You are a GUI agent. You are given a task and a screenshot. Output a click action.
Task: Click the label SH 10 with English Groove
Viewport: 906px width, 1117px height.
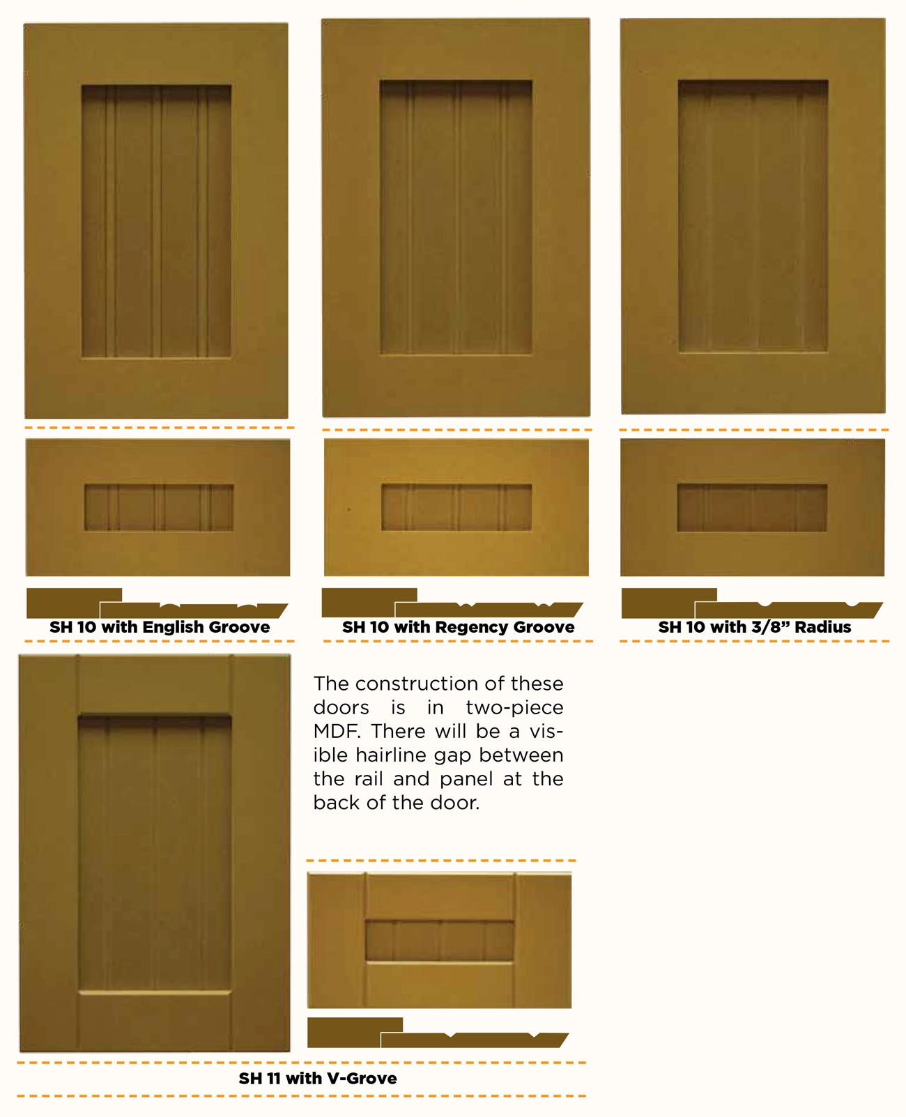160,626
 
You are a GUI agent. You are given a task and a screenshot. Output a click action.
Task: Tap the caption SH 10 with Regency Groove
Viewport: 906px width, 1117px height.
459,626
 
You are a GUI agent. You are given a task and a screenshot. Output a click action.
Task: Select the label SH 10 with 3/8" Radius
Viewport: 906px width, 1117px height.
755,626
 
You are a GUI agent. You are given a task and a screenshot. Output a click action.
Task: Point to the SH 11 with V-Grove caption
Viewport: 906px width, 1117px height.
318,1078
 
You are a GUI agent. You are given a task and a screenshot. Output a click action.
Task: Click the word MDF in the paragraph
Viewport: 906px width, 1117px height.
336,731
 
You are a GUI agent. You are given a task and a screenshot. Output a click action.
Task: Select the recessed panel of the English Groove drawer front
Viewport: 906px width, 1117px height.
159,507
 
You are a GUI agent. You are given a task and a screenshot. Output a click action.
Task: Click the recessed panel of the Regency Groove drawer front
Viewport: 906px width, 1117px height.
456,507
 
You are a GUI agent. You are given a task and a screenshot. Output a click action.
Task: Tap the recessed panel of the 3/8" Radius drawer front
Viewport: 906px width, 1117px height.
752,507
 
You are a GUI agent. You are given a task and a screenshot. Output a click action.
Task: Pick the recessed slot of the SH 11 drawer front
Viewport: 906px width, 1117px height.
439,941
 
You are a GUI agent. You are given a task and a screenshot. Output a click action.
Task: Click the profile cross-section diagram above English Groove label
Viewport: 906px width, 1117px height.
158,603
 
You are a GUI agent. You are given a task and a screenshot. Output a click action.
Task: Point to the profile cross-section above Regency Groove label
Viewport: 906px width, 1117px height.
452,603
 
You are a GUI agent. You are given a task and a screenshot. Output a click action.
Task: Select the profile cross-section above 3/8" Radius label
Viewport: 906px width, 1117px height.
753,603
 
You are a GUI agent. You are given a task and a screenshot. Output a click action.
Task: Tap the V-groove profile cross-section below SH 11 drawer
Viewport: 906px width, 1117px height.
438,1033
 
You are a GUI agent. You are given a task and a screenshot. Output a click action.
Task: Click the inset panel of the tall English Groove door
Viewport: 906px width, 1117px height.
156,221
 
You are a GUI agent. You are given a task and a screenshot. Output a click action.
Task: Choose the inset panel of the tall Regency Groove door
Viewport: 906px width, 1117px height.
456,217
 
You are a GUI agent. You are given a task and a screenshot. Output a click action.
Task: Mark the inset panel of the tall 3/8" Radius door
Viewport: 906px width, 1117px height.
753,216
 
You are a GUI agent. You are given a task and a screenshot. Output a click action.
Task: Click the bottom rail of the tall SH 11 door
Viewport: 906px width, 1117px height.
155,1022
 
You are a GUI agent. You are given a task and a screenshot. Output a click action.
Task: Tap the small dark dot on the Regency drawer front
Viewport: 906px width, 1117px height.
348,509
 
